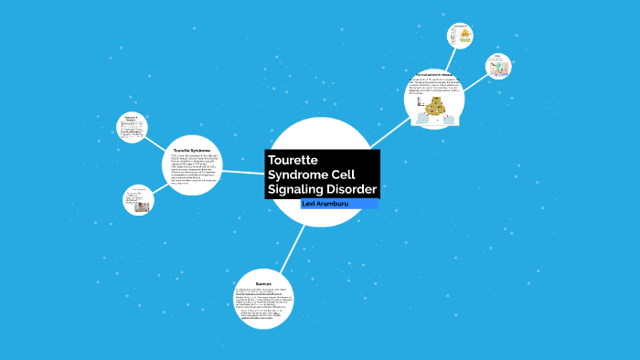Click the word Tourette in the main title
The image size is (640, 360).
(292, 159)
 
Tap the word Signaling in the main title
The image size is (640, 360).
(300, 189)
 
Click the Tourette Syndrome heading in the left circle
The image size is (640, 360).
(192, 150)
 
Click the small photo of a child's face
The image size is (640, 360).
(142, 206)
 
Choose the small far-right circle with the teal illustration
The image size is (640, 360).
(498, 66)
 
